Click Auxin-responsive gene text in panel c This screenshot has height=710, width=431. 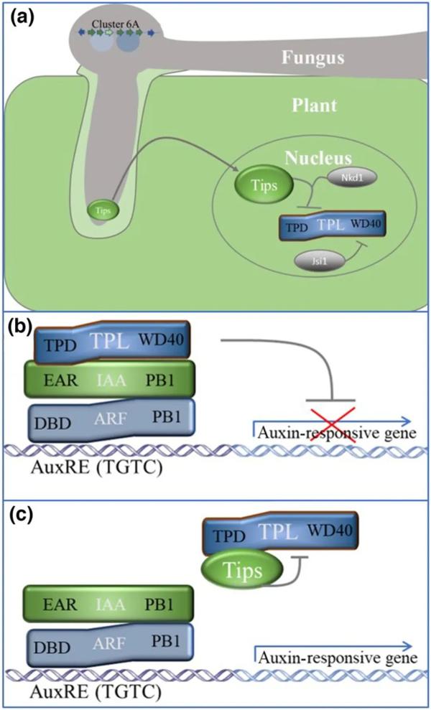click(x=335, y=658)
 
